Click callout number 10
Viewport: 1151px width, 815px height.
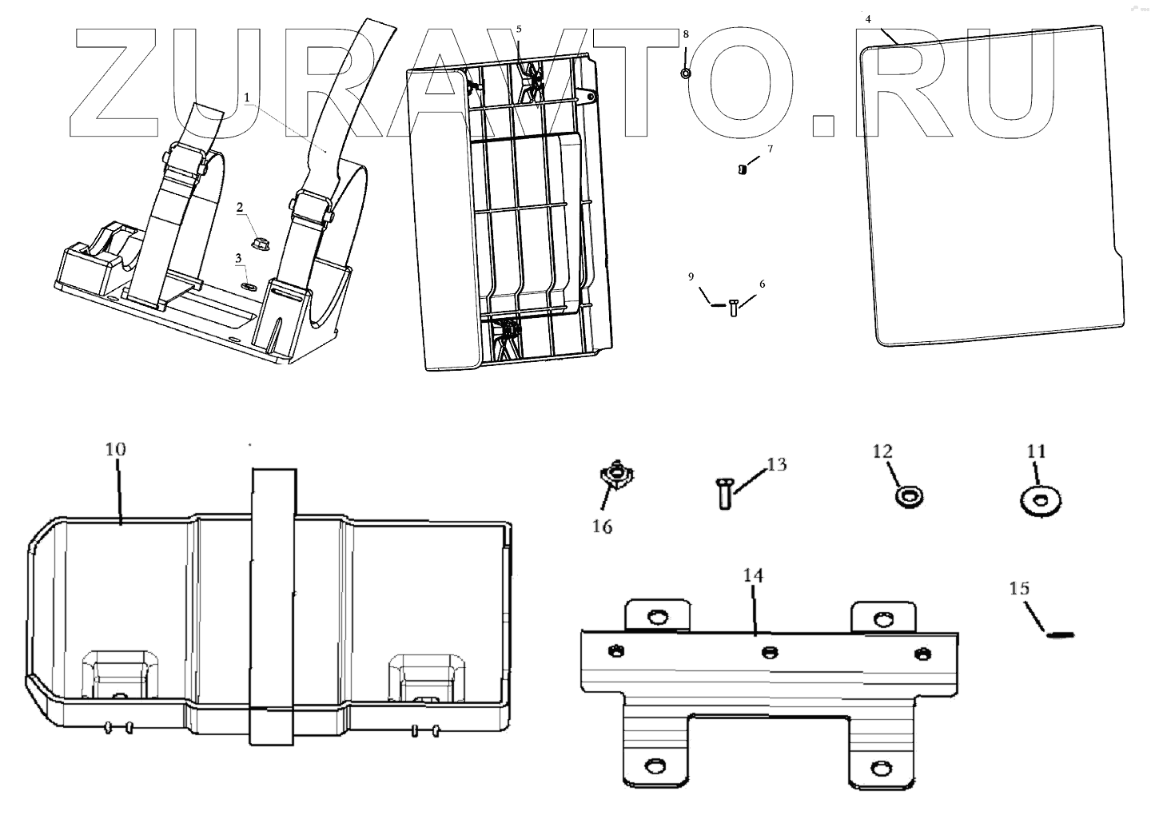[116, 449]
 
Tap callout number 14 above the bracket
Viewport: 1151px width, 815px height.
[753, 575]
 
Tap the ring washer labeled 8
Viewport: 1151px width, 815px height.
[686, 74]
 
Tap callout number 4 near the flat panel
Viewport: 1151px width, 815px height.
[868, 17]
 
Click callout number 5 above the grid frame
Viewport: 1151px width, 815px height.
[519, 29]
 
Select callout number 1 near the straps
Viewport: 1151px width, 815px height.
[247, 97]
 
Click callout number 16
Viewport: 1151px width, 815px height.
[602, 527]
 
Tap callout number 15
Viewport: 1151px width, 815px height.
[1019, 589]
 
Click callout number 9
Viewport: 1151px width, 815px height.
[691, 276]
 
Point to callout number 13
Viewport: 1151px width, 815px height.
[777, 464]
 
